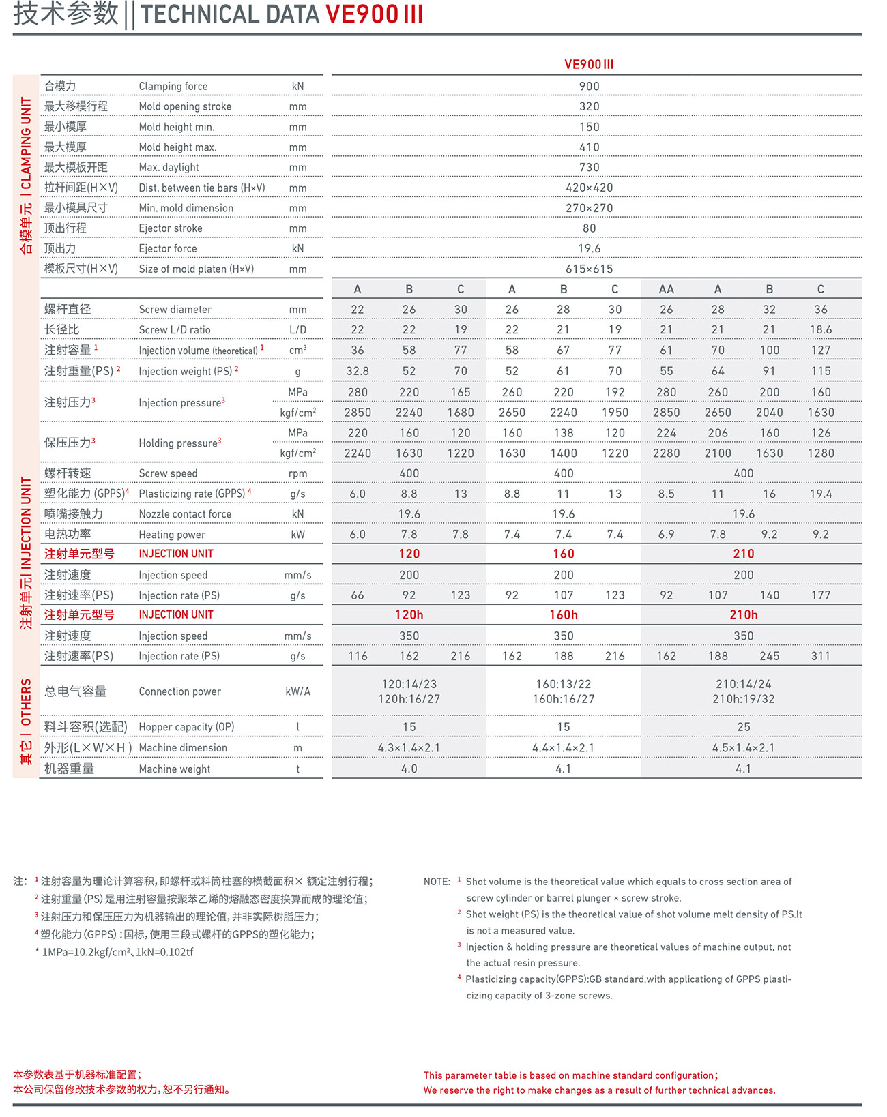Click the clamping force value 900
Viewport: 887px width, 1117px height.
[x=589, y=87]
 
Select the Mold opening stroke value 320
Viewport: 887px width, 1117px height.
[x=589, y=107]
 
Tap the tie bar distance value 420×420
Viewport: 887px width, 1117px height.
[x=589, y=188]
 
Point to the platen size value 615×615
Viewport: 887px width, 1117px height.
[x=589, y=269]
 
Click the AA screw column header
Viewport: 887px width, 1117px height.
[x=666, y=289]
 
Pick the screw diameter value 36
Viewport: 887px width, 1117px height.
[x=820, y=310]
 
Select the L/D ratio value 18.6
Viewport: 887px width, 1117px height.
[x=820, y=330]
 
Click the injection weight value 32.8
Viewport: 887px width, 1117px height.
[x=358, y=372]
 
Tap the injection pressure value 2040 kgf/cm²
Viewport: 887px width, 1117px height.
[x=769, y=413]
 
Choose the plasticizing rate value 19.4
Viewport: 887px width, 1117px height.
[x=820, y=494]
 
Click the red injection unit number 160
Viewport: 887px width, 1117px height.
[x=563, y=554]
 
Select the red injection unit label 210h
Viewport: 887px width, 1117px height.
[x=743, y=615]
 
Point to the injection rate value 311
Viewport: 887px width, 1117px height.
[x=820, y=656]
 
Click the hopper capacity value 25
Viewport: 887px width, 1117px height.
[x=743, y=728]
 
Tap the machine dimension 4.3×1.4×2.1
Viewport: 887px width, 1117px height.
[x=409, y=748]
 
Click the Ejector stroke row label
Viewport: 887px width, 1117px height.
[x=171, y=228]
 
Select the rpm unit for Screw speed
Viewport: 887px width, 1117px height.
[x=297, y=474]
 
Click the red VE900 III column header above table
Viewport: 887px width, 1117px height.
[x=589, y=65]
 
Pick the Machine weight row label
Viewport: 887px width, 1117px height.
[x=175, y=769]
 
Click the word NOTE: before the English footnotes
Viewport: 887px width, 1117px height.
[x=437, y=882]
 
